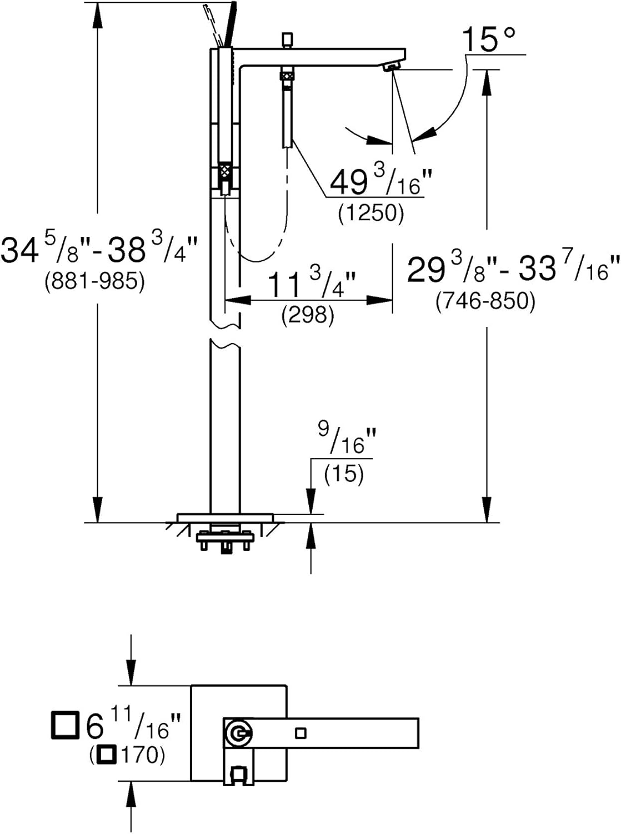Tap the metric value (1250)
tap(371, 213)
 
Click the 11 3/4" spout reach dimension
tap(311, 285)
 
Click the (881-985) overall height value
tap(94, 282)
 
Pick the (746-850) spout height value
tap(485, 301)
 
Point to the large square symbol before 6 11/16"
tap(64, 724)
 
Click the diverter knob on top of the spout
tap(287, 39)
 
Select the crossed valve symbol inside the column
tap(225, 171)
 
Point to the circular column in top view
tap(238, 733)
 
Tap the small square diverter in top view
tap(301, 733)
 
